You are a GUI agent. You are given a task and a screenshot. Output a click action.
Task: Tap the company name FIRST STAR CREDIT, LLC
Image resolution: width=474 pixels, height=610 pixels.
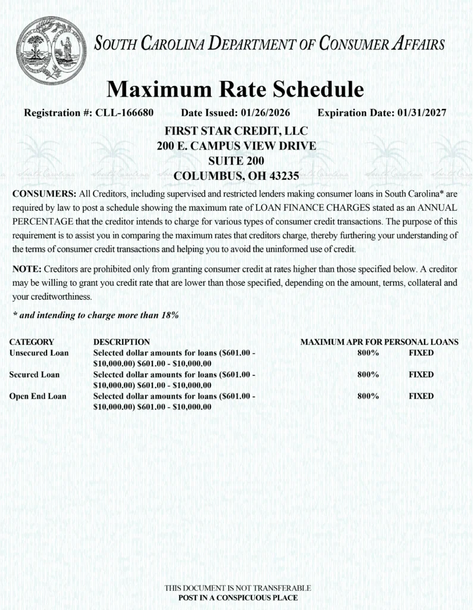coord(236,130)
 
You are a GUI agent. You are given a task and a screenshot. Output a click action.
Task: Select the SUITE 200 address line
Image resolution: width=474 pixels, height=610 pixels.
coord(236,161)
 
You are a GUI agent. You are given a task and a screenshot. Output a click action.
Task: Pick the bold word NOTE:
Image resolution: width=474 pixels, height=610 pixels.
coord(27,269)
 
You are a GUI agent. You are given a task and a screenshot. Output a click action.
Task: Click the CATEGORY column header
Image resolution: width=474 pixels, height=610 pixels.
coord(32,343)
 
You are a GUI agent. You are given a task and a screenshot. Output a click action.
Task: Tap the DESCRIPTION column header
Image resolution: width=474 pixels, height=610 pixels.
coord(121,343)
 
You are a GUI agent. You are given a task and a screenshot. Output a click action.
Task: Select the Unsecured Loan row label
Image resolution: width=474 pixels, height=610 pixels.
coord(39,353)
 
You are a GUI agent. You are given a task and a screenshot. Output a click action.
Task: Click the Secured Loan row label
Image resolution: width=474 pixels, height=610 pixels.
coord(34,375)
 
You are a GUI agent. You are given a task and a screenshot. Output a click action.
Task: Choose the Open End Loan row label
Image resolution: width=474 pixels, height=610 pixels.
coord(38,396)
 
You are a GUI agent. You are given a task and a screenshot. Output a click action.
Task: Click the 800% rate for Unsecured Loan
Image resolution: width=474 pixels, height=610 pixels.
coord(368,353)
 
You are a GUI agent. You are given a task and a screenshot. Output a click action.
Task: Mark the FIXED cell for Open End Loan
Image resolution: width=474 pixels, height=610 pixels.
coord(421,396)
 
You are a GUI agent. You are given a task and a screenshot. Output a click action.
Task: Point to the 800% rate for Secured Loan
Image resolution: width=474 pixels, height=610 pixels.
coord(368,375)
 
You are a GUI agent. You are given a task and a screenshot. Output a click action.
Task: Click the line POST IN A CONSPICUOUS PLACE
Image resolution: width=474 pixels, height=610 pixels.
coord(238,597)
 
